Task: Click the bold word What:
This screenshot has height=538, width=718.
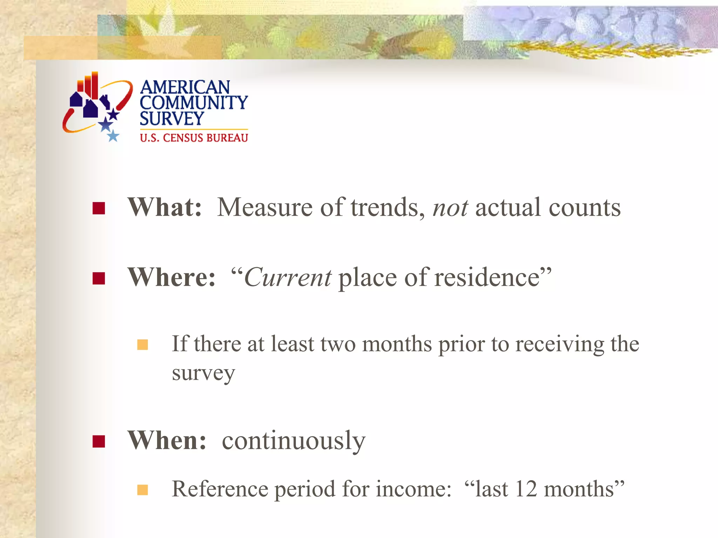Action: click(164, 207)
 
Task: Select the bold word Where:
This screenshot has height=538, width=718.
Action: click(171, 277)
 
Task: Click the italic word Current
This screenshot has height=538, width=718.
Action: click(287, 278)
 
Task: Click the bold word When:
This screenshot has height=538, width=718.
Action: click(167, 441)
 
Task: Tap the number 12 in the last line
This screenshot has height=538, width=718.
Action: click(526, 489)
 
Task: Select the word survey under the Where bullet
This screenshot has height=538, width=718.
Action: click(203, 373)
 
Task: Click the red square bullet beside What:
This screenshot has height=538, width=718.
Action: click(99, 208)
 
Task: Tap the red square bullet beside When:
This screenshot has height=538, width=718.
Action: click(99, 441)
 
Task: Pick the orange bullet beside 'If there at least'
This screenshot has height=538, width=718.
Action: click(143, 345)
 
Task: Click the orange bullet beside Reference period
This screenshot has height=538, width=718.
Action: click(143, 490)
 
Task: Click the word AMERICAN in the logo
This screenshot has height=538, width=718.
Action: click(185, 87)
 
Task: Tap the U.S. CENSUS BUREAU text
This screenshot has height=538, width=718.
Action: click(194, 138)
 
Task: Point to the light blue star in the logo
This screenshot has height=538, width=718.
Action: click(113, 136)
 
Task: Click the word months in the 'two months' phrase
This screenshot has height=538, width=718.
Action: click(397, 344)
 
